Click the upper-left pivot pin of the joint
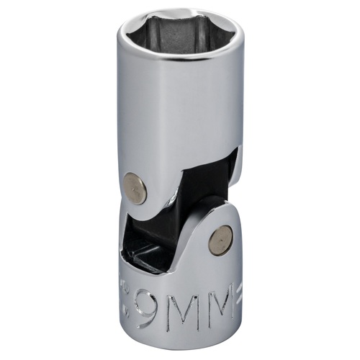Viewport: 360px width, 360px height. point(135,189)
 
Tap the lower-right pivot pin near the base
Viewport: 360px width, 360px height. point(220,240)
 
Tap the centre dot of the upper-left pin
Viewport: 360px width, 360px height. point(135,189)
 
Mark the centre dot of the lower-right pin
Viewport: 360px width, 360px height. point(220,240)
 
